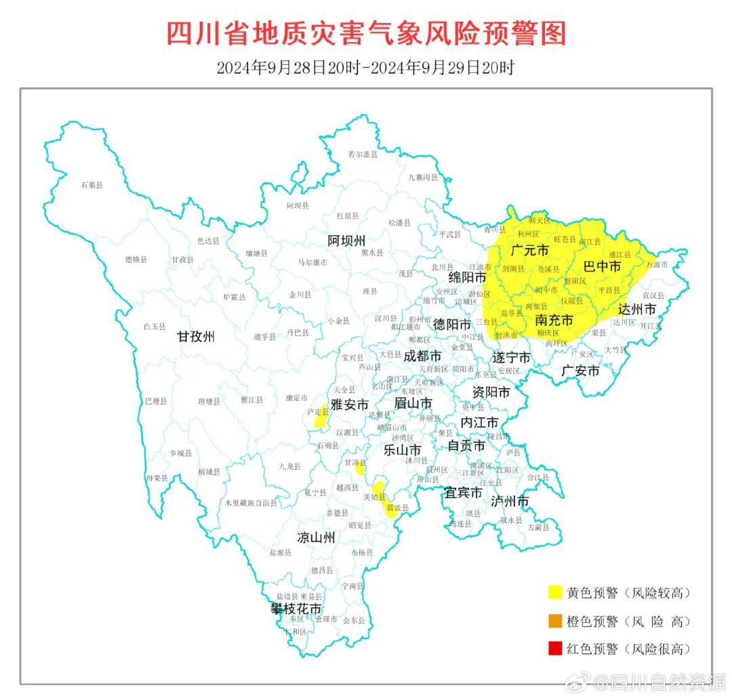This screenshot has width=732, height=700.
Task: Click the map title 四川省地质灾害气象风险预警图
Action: tap(366, 33)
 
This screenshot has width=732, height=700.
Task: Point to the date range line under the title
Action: tap(366, 68)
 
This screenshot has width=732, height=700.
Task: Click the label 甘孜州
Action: tap(196, 336)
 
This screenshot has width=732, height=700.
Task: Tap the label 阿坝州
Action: tap(346, 241)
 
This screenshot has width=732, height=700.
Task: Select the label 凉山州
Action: tap(317, 538)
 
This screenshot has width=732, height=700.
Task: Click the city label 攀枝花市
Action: tap(296, 609)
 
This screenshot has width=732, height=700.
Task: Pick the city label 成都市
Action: tap(422, 356)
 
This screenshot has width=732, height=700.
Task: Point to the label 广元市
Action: tap(530, 251)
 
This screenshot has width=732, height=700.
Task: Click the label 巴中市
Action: tap(602, 267)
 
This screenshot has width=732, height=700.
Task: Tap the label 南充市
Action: tap(554, 320)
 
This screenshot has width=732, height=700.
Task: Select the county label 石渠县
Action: tap(91, 184)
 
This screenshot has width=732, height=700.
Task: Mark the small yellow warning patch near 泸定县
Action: tap(319, 420)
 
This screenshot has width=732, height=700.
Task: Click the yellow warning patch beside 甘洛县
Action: tap(361, 468)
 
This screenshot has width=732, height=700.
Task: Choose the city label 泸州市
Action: tap(510, 501)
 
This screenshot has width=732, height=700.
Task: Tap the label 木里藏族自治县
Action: tap(251, 503)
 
